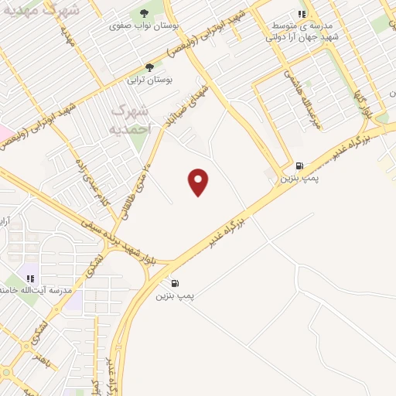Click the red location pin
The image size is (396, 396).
(x=199, y=181)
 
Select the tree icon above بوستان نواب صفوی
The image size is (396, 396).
(x=144, y=13)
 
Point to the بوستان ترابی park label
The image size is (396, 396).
(x=153, y=80)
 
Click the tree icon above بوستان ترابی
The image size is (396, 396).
(x=150, y=67)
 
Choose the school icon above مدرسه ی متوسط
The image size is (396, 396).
(x=302, y=14)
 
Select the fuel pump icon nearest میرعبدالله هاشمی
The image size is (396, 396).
(x=299, y=166)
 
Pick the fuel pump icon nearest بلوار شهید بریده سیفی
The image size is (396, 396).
(x=175, y=283)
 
